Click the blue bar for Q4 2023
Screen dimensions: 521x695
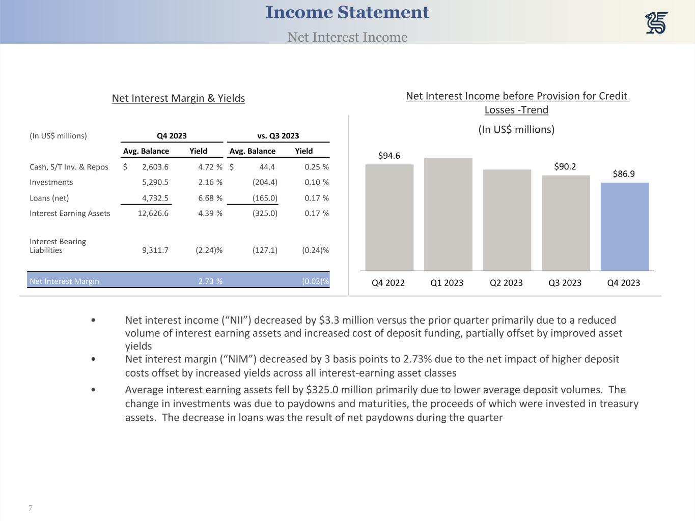click(x=624, y=226)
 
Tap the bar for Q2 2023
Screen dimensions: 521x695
click(x=507, y=220)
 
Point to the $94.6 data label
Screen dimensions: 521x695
click(x=389, y=156)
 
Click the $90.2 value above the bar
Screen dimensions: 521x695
click(x=565, y=166)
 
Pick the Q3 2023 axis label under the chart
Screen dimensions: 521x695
click(x=565, y=283)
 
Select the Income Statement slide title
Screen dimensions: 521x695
click(x=347, y=12)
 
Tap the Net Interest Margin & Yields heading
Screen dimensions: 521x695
click(x=178, y=98)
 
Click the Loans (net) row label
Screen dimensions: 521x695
click(x=49, y=198)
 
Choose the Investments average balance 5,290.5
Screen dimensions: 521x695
click(x=155, y=182)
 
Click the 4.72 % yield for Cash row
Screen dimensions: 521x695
click(x=210, y=167)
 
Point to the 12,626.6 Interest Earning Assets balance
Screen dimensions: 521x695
click(x=153, y=213)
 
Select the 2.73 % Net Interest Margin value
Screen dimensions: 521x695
click(x=210, y=281)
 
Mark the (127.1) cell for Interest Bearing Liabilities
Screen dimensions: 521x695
click(x=265, y=250)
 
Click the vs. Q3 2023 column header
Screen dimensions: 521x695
click(x=278, y=136)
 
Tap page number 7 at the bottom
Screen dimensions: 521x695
click(x=31, y=508)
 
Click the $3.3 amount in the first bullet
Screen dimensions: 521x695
click(x=330, y=320)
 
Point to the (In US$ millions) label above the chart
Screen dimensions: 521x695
click(x=516, y=129)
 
